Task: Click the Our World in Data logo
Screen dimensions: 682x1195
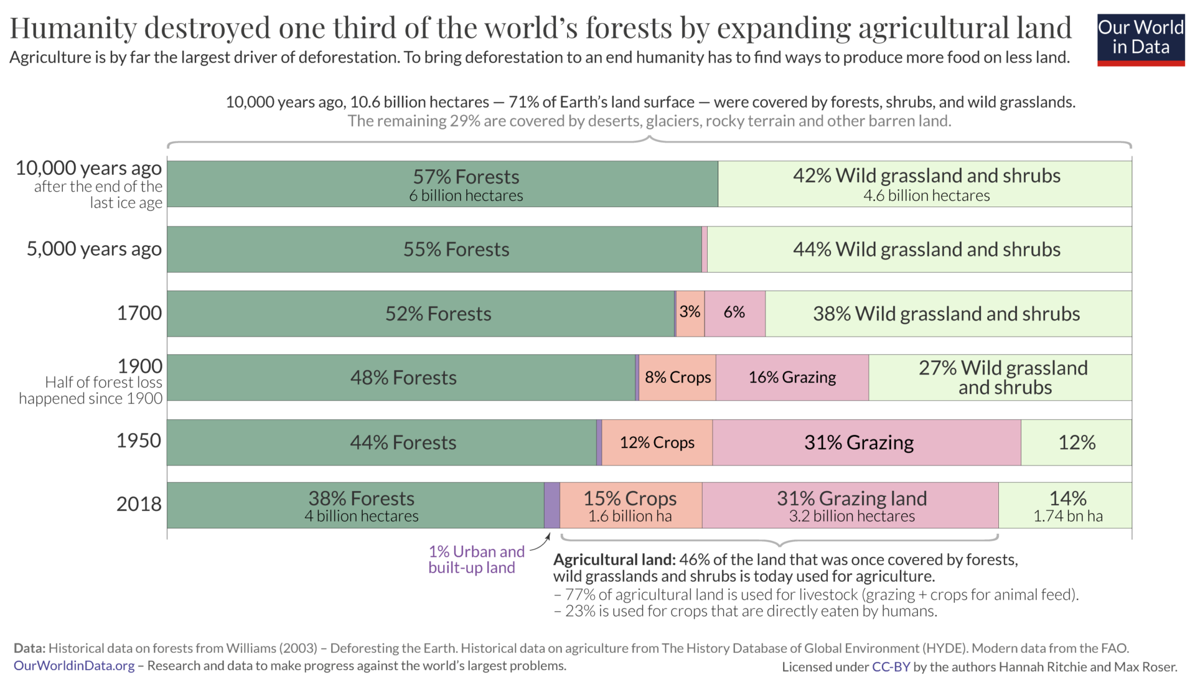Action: pyautogui.click(x=1140, y=40)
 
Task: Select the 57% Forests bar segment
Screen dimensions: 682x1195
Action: pyautogui.click(x=442, y=184)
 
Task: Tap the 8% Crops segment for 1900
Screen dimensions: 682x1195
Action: pyautogui.click(x=677, y=378)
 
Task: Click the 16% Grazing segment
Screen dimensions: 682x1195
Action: pyautogui.click(x=792, y=378)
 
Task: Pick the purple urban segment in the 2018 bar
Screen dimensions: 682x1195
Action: pyautogui.click(x=551, y=505)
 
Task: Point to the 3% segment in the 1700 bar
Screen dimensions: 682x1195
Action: pyautogui.click(x=690, y=313)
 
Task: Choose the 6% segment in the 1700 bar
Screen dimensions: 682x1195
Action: pyautogui.click(x=734, y=313)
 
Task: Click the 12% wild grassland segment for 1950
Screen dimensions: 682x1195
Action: pyautogui.click(x=1076, y=442)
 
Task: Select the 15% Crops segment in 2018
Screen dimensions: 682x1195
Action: pyautogui.click(x=630, y=505)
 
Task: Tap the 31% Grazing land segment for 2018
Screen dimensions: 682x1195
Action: pyautogui.click(x=851, y=505)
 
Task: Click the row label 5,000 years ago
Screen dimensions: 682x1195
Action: pyautogui.click(x=94, y=249)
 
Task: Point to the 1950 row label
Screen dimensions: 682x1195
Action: pyautogui.click(x=139, y=441)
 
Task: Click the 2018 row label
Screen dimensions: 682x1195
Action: pyautogui.click(x=139, y=504)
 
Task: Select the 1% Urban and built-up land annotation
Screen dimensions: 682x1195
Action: pyautogui.click(x=476, y=559)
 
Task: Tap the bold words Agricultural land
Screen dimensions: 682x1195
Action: pyautogui.click(x=614, y=559)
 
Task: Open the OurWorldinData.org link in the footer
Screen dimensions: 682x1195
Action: pyautogui.click(x=74, y=666)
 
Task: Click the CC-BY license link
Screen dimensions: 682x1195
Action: pyautogui.click(x=891, y=667)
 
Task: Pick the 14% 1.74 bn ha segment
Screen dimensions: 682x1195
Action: pyautogui.click(x=1067, y=505)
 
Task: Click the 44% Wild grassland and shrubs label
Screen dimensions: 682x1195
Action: pyautogui.click(x=926, y=250)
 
